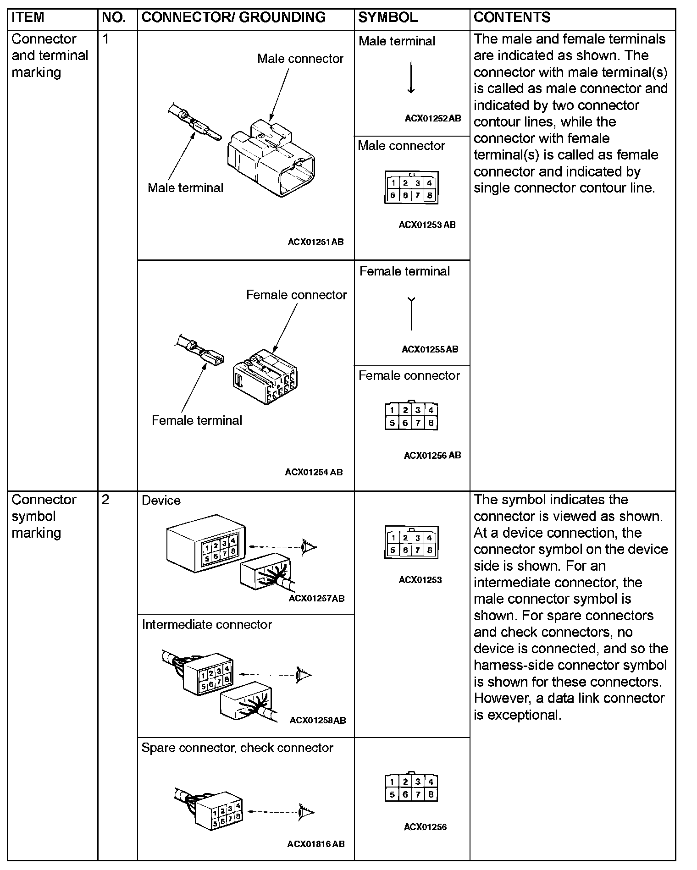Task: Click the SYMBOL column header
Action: (x=387, y=17)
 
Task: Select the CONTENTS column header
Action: (x=512, y=17)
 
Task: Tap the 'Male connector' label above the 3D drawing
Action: (x=300, y=59)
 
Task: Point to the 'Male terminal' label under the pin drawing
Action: (x=185, y=187)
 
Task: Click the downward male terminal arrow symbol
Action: (x=411, y=78)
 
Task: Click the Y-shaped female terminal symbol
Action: (x=411, y=314)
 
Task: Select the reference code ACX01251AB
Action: (x=315, y=242)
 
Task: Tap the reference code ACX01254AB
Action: (x=314, y=472)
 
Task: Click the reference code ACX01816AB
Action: (x=316, y=844)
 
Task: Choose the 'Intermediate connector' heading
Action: (x=207, y=624)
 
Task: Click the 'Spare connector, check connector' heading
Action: (x=237, y=748)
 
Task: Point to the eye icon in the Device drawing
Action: (x=308, y=546)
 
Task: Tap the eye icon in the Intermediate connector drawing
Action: (x=304, y=675)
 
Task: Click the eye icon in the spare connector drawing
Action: (x=306, y=812)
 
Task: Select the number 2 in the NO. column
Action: (x=105, y=500)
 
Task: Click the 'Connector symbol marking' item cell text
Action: (x=44, y=516)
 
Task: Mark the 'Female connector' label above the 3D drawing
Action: (x=296, y=295)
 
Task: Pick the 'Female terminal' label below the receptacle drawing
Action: (x=197, y=420)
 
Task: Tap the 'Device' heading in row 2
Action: (x=161, y=500)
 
